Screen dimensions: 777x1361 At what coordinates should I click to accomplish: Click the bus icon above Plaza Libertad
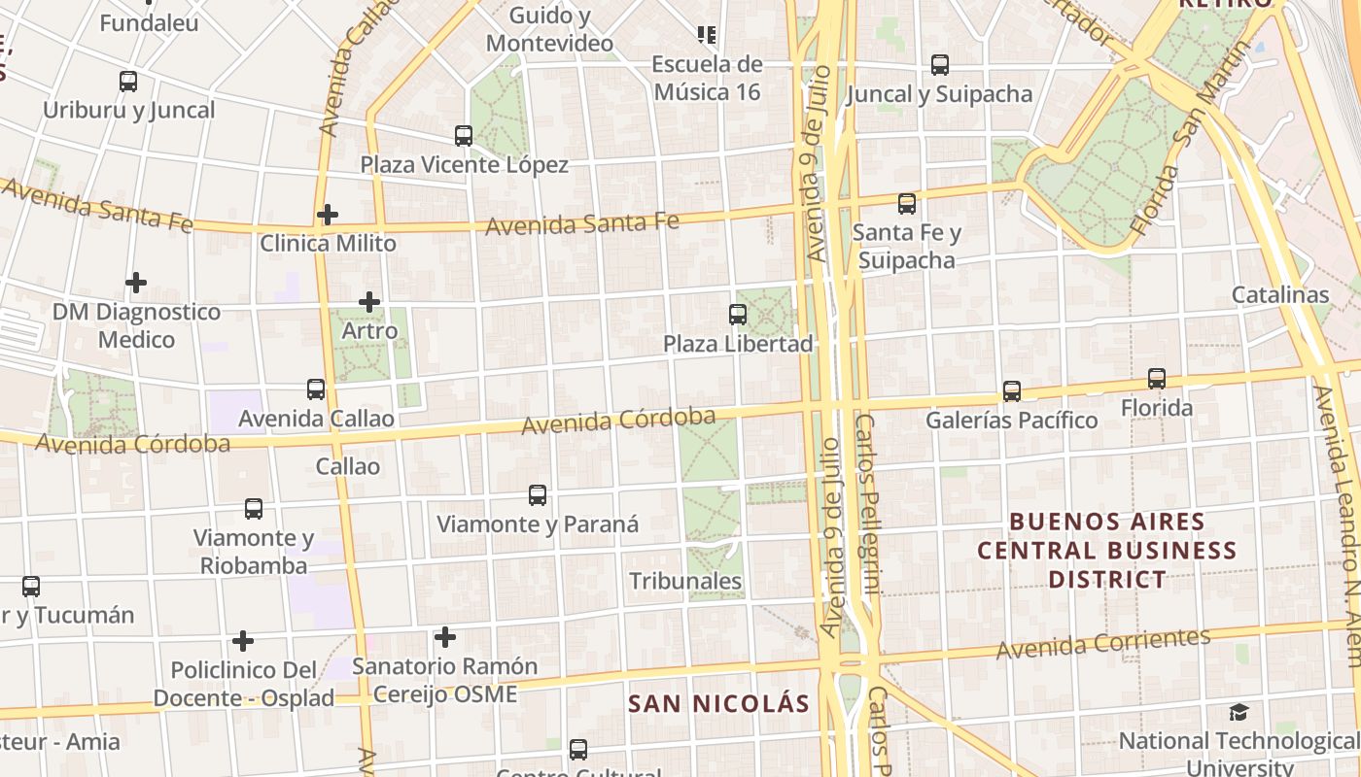point(738,315)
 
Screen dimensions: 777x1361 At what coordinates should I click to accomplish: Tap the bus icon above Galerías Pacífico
point(1012,391)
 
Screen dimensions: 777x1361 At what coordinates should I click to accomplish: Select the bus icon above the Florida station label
point(1157,379)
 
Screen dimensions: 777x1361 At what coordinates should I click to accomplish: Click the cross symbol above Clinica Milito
point(328,214)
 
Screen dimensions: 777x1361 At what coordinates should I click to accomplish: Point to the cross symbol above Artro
point(369,302)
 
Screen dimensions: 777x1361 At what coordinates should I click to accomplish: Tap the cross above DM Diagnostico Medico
point(136,283)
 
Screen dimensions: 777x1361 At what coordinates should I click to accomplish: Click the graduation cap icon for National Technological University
point(1239,713)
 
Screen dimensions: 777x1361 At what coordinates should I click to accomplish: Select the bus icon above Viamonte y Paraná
point(538,495)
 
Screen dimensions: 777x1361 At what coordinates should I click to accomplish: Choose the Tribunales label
point(685,581)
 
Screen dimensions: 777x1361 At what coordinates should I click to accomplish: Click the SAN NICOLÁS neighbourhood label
point(718,703)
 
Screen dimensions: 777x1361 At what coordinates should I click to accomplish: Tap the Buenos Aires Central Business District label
point(1106,551)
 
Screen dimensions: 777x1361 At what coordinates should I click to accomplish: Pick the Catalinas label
point(1279,294)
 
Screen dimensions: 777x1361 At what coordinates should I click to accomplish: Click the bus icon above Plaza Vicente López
point(464,136)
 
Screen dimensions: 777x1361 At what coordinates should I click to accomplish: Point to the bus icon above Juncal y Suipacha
point(940,65)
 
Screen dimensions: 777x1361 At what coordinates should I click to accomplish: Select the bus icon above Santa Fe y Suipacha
point(907,204)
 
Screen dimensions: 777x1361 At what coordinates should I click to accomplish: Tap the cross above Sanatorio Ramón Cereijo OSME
point(445,637)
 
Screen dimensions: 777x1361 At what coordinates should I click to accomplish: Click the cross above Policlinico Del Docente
point(243,641)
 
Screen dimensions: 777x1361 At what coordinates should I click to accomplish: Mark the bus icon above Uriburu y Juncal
point(128,82)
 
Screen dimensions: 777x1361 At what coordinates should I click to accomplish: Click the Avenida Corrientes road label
point(1103,643)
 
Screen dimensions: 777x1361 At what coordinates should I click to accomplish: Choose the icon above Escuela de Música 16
point(707,35)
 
